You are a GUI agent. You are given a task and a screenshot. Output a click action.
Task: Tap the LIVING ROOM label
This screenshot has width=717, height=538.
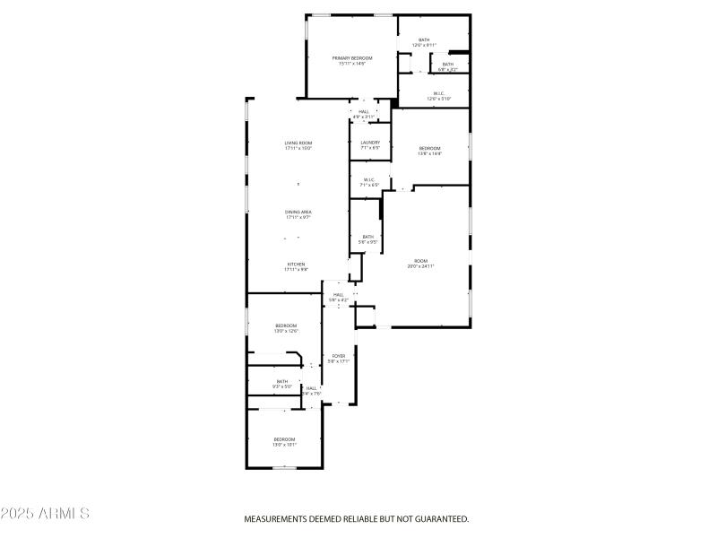click(298, 143)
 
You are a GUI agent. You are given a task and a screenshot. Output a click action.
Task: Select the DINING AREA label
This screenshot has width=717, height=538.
click(298, 212)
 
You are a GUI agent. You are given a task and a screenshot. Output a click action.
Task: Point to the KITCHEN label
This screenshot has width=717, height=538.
click(296, 265)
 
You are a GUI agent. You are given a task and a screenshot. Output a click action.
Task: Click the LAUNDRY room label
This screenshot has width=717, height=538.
click(370, 143)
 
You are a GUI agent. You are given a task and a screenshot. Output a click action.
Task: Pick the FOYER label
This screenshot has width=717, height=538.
click(339, 357)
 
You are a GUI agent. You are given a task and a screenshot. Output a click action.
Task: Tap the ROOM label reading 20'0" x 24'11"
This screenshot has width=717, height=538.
click(420, 261)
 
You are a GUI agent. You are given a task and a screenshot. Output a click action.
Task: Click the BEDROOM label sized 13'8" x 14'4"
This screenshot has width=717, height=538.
click(430, 148)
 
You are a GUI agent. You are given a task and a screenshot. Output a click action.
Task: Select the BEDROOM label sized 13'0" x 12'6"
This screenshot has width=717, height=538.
click(286, 325)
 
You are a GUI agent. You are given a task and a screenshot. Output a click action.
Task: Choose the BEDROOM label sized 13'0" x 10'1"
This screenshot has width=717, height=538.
click(284, 439)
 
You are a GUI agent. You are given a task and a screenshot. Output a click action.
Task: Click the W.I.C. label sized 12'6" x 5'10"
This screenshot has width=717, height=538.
click(439, 93)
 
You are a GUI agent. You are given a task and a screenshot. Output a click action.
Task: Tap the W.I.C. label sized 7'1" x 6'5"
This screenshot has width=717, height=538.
click(369, 180)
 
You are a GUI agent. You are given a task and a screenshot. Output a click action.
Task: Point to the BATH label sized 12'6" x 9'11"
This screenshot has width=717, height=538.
click(424, 39)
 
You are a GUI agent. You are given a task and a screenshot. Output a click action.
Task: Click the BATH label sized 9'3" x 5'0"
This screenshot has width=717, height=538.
click(282, 382)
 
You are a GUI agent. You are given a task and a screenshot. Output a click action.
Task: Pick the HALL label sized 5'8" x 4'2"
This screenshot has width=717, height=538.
click(339, 295)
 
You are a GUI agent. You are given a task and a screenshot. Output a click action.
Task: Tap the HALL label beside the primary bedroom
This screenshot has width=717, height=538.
click(364, 112)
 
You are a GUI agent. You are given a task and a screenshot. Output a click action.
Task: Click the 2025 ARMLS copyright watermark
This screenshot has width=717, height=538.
click(45, 514)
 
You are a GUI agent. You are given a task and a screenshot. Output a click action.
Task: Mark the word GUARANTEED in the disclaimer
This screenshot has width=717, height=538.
click(439, 519)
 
